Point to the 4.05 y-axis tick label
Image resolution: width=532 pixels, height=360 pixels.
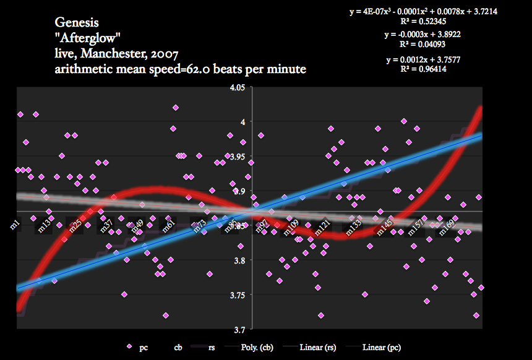pyautogui.click(x=238, y=88)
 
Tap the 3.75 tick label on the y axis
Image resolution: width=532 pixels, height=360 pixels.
pyautogui.click(x=238, y=295)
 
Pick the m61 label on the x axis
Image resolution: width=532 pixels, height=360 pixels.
pyautogui.click(x=168, y=225)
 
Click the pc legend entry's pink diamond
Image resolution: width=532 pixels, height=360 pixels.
pyautogui.click(x=129, y=347)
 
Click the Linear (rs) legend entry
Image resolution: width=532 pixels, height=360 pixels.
pyautogui.click(x=319, y=348)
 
